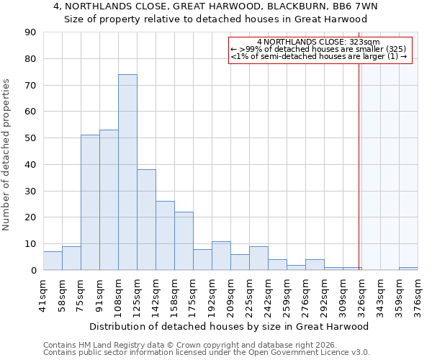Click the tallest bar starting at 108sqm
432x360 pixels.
[x=127, y=172]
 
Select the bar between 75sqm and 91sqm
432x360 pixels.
[x=90, y=202]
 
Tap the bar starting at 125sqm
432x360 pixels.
[x=146, y=220]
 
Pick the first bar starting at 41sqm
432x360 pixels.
[x=53, y=261]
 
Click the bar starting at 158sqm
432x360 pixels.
[x=184, y=240]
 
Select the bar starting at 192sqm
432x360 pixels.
[x=221, y=256]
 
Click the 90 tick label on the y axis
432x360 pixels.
[x=31, y=32]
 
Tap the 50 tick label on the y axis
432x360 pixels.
[x=31, y=138]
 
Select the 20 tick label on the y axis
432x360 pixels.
[x=31, y=217]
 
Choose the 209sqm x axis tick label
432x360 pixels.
[x=231, y=295]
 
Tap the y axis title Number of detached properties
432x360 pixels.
[x=7, y=155]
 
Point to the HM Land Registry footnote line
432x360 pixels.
[x=181, y=345]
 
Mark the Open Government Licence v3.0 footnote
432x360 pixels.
[x=302, y=353]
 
